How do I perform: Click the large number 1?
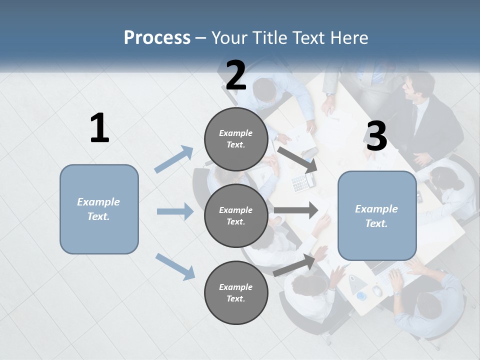pyautogui.click(x=99, y=128)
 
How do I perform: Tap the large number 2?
pyautogui.click(x=235, y=75)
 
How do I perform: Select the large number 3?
pyautogui.click(x=376, y=136)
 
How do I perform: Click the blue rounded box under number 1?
pyautogui.click(x=99, y=209)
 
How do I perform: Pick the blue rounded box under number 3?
pyautogui.click(x=377, y=215)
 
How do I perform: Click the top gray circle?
pyautogui.click(x=235, y=139)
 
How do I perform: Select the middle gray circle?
pyautogui.click(x=235, y=215)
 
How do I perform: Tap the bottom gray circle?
pyautogui.click(x=235, y=292)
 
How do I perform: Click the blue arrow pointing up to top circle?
pyautogui.click(x=174, y=159)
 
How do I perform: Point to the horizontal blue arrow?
pyautogui.click(x=175, y=211)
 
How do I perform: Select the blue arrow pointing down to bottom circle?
pyautogui.click(x=175, y=266)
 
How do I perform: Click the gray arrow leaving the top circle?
pyautogui.click(x=297, y=159)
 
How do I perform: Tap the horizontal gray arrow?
pyautogui.click(x=295, y=210)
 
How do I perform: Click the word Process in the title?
pyautogui.click(x=157, y=37)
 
